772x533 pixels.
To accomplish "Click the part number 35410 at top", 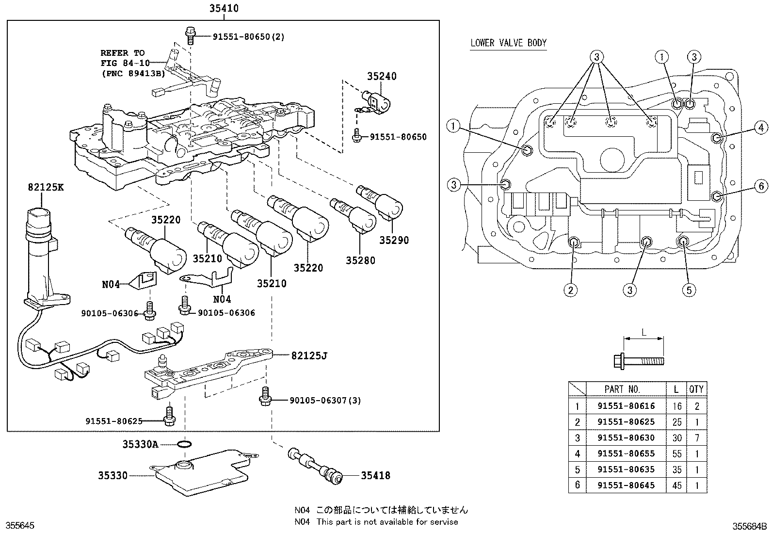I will click(224, 8).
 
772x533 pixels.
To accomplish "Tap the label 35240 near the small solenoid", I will click(381, 76).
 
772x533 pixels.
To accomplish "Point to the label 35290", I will click(394, 240).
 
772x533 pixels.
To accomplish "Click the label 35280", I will click(360, 260).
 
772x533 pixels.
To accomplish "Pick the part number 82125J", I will click(309, 356).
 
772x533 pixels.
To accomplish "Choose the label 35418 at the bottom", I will click(375, 476).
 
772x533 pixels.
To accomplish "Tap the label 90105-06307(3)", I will click(325, 401).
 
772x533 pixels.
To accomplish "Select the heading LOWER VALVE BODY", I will click(508, 43).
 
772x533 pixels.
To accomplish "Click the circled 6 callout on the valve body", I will click(761, 186).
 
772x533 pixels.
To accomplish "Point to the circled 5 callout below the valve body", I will click(689, 290).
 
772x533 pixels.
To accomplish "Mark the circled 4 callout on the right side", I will click(761, 128).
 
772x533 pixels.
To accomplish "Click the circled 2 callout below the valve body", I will click(570, 290).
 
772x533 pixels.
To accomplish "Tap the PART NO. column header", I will click(622, 389).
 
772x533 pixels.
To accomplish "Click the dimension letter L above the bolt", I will click(643, 333).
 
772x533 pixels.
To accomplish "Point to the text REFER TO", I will click(122, 53).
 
